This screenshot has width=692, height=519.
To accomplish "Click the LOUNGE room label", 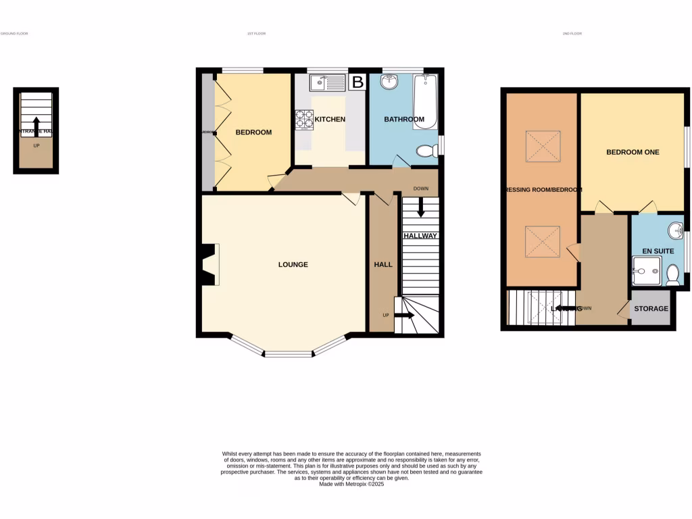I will [293, 264].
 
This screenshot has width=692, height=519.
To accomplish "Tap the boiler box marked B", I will [357, 82].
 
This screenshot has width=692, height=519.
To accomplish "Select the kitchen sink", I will [327, 83].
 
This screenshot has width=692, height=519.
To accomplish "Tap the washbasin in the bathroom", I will [390, 82].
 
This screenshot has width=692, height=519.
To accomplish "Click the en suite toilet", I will [672, 274].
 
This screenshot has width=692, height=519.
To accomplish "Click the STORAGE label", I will [651, 309].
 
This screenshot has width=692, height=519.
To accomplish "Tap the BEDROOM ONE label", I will [633, 152].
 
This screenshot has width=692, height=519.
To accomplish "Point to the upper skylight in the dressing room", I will [543, 146].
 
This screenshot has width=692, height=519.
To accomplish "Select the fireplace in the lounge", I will [210, 265].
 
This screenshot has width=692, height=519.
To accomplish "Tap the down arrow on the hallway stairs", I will [421, 207].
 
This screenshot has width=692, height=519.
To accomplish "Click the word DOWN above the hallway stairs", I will [422, 189].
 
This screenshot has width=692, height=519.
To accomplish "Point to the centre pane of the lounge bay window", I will [287, 353].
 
